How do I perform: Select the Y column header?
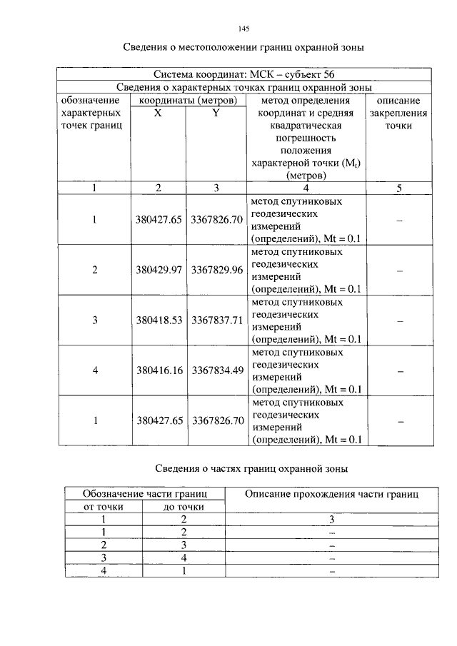(215, 113)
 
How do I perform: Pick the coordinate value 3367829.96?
(216, 271)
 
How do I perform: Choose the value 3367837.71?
(216, 321)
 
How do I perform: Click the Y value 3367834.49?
(216, 370)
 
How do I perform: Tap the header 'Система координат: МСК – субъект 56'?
(243, 74)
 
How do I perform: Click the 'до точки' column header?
(184, 506)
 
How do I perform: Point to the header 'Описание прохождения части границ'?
(331, 493)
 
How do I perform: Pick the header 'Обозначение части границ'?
(145, 493)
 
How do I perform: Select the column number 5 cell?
(399, 188)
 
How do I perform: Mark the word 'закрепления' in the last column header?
(399, 113)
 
